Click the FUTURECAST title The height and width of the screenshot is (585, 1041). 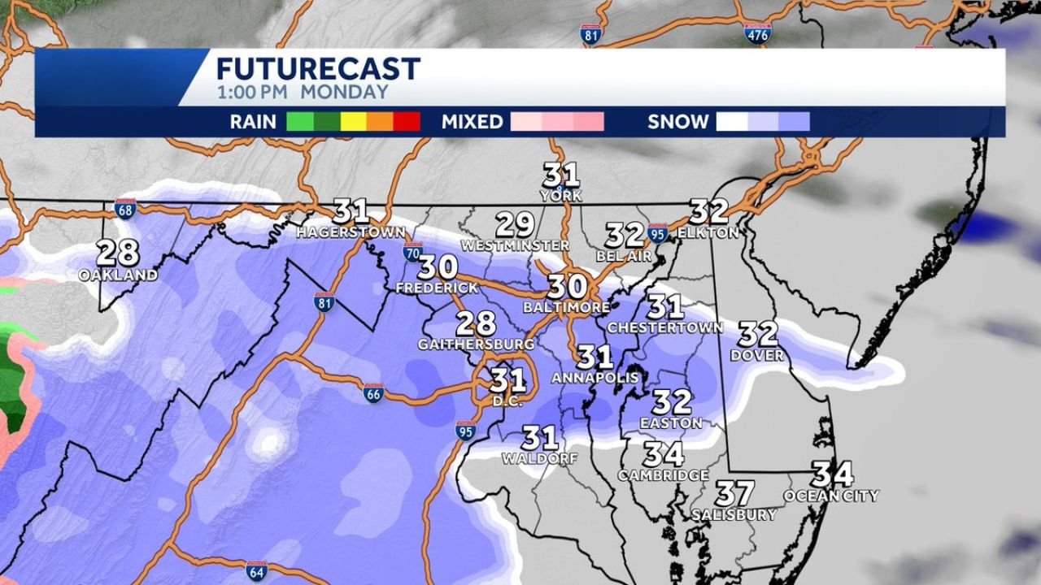point(318,68)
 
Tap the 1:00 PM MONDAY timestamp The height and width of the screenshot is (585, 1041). point(303,92)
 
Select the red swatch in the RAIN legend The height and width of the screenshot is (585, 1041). point(407,122)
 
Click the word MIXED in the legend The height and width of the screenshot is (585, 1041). point(472,122)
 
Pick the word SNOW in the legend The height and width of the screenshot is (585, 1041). point(677,122)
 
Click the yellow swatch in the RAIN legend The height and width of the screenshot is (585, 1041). point(354,122)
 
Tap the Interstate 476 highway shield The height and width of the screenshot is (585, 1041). point(756,32)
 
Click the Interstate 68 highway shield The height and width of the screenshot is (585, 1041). point(124,208)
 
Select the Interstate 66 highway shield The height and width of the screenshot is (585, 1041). point(373,393)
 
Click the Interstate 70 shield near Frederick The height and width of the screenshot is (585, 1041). point(413,250)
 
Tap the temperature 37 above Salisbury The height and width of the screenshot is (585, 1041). point(734,493)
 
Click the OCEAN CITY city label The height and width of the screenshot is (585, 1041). point(831,496)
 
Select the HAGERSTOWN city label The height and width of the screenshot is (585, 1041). point(351,232)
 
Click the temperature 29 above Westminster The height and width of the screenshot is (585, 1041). point(515,224)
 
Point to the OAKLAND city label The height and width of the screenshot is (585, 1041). point(118,275)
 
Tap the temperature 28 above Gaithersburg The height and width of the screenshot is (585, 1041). point(476,323)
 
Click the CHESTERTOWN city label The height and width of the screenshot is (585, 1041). point(665,327)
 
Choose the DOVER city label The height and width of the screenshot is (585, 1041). point(757,355)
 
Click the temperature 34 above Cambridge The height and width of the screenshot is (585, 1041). point(663,454)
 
